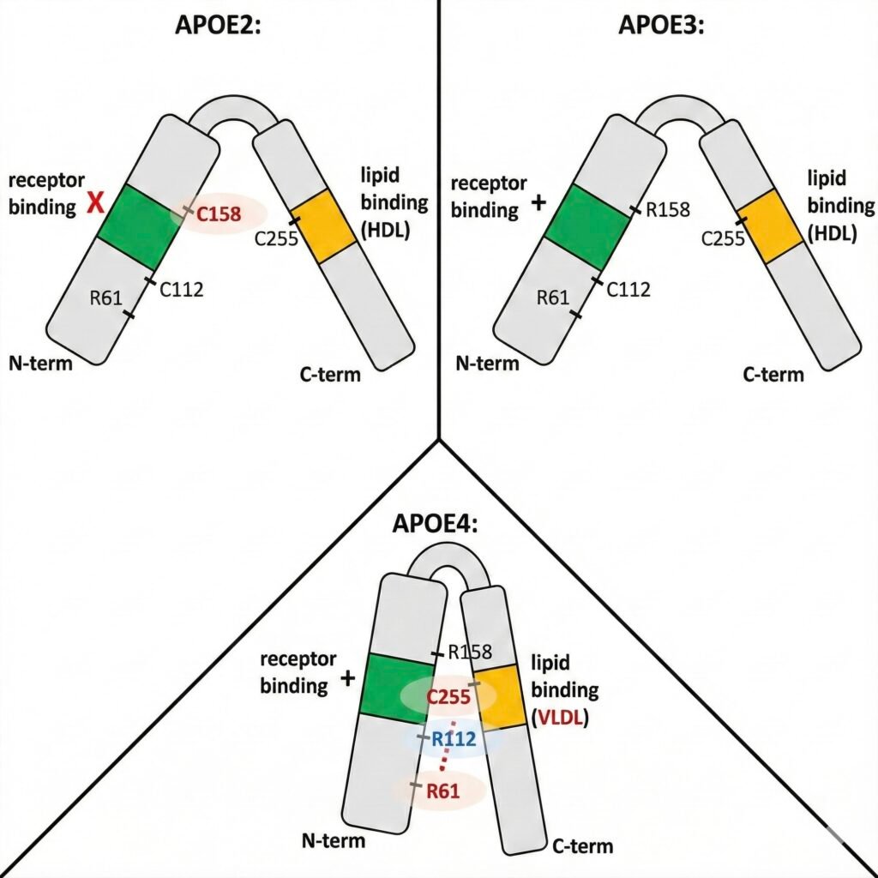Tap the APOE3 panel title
(x=661, y=25)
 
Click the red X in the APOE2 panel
(x=94, y=204)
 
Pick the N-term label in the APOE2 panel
(x=40, y=363)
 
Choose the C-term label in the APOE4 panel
(x=583, y=845)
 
